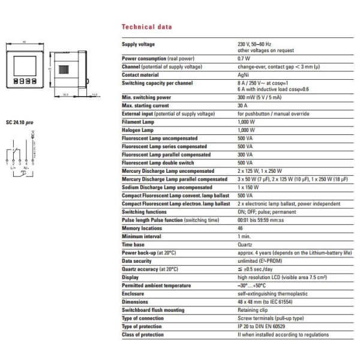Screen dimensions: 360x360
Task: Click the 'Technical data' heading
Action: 147,28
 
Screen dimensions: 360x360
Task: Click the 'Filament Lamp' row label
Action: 138,121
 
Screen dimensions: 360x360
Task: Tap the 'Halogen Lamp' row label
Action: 138,130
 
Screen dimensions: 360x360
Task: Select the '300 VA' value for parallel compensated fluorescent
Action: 245,154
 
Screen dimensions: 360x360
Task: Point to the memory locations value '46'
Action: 241,228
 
